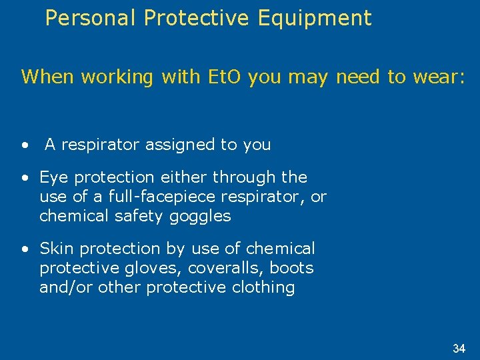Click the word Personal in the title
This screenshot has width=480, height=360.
[x=91, y=18]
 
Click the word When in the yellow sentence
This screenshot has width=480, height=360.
[x=48, y=77]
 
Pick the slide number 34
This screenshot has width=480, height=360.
[x=459, y=348]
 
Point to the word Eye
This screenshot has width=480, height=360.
[x=54, y=177]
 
